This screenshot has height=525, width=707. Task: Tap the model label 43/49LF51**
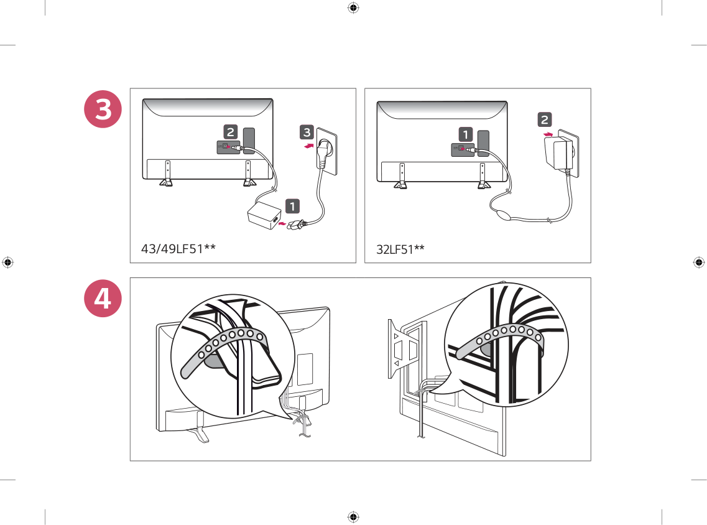pos(178,249)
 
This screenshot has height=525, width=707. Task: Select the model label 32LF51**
pos(400,249)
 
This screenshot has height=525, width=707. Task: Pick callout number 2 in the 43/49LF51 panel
pos(230,131)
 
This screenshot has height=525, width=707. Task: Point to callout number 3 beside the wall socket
pos(307,132)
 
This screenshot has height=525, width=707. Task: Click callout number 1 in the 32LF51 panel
pos(466,134)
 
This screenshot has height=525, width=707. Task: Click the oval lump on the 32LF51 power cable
pos(505,216)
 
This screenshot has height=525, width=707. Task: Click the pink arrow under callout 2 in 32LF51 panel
pos(547,134)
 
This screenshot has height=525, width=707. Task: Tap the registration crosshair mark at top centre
pos(353,8)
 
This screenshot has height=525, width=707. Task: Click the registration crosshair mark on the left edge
pos(8,262)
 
